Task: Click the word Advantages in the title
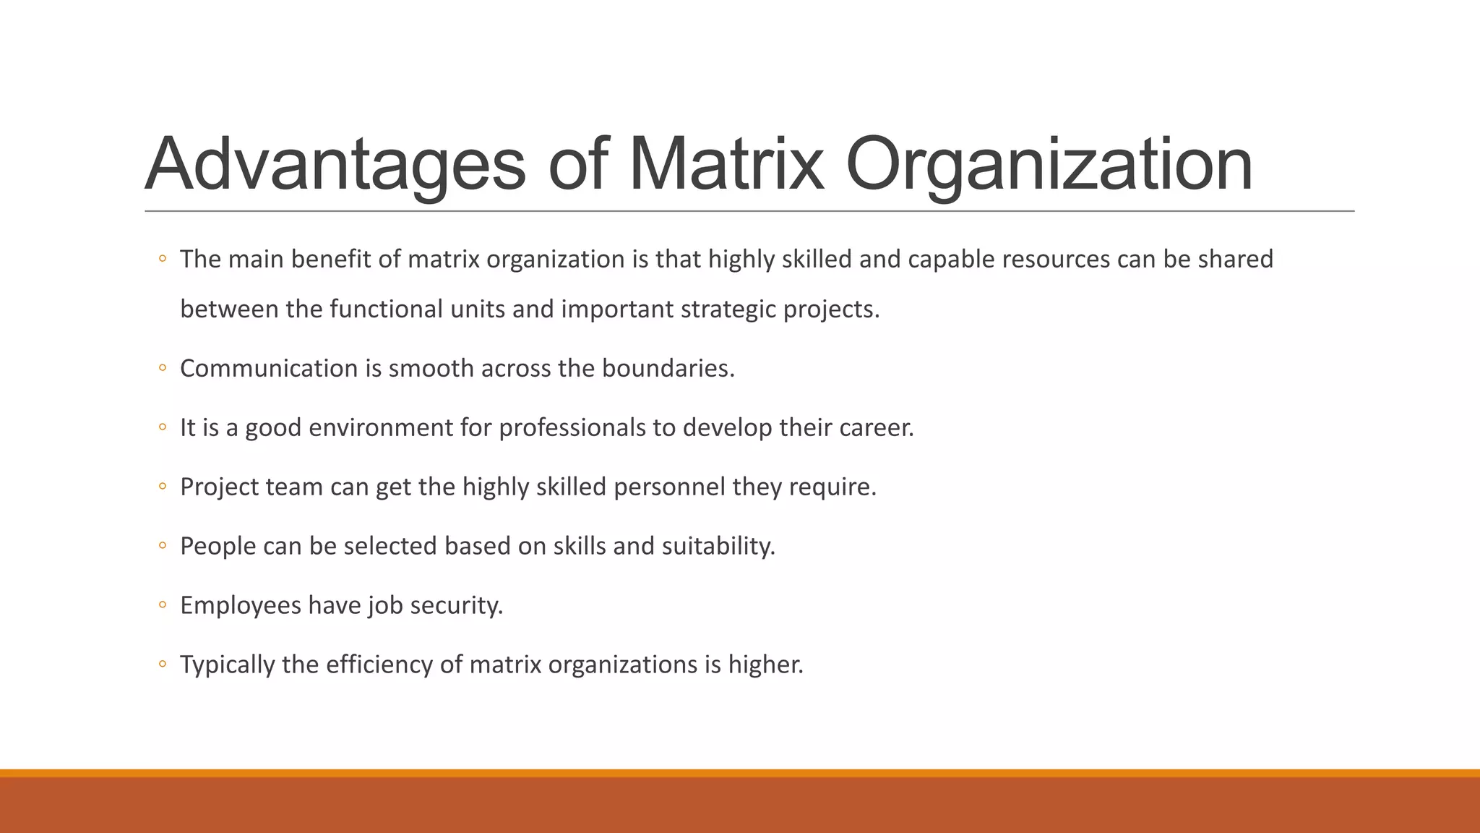335,165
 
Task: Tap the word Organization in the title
1049,165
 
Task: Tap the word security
456,605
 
